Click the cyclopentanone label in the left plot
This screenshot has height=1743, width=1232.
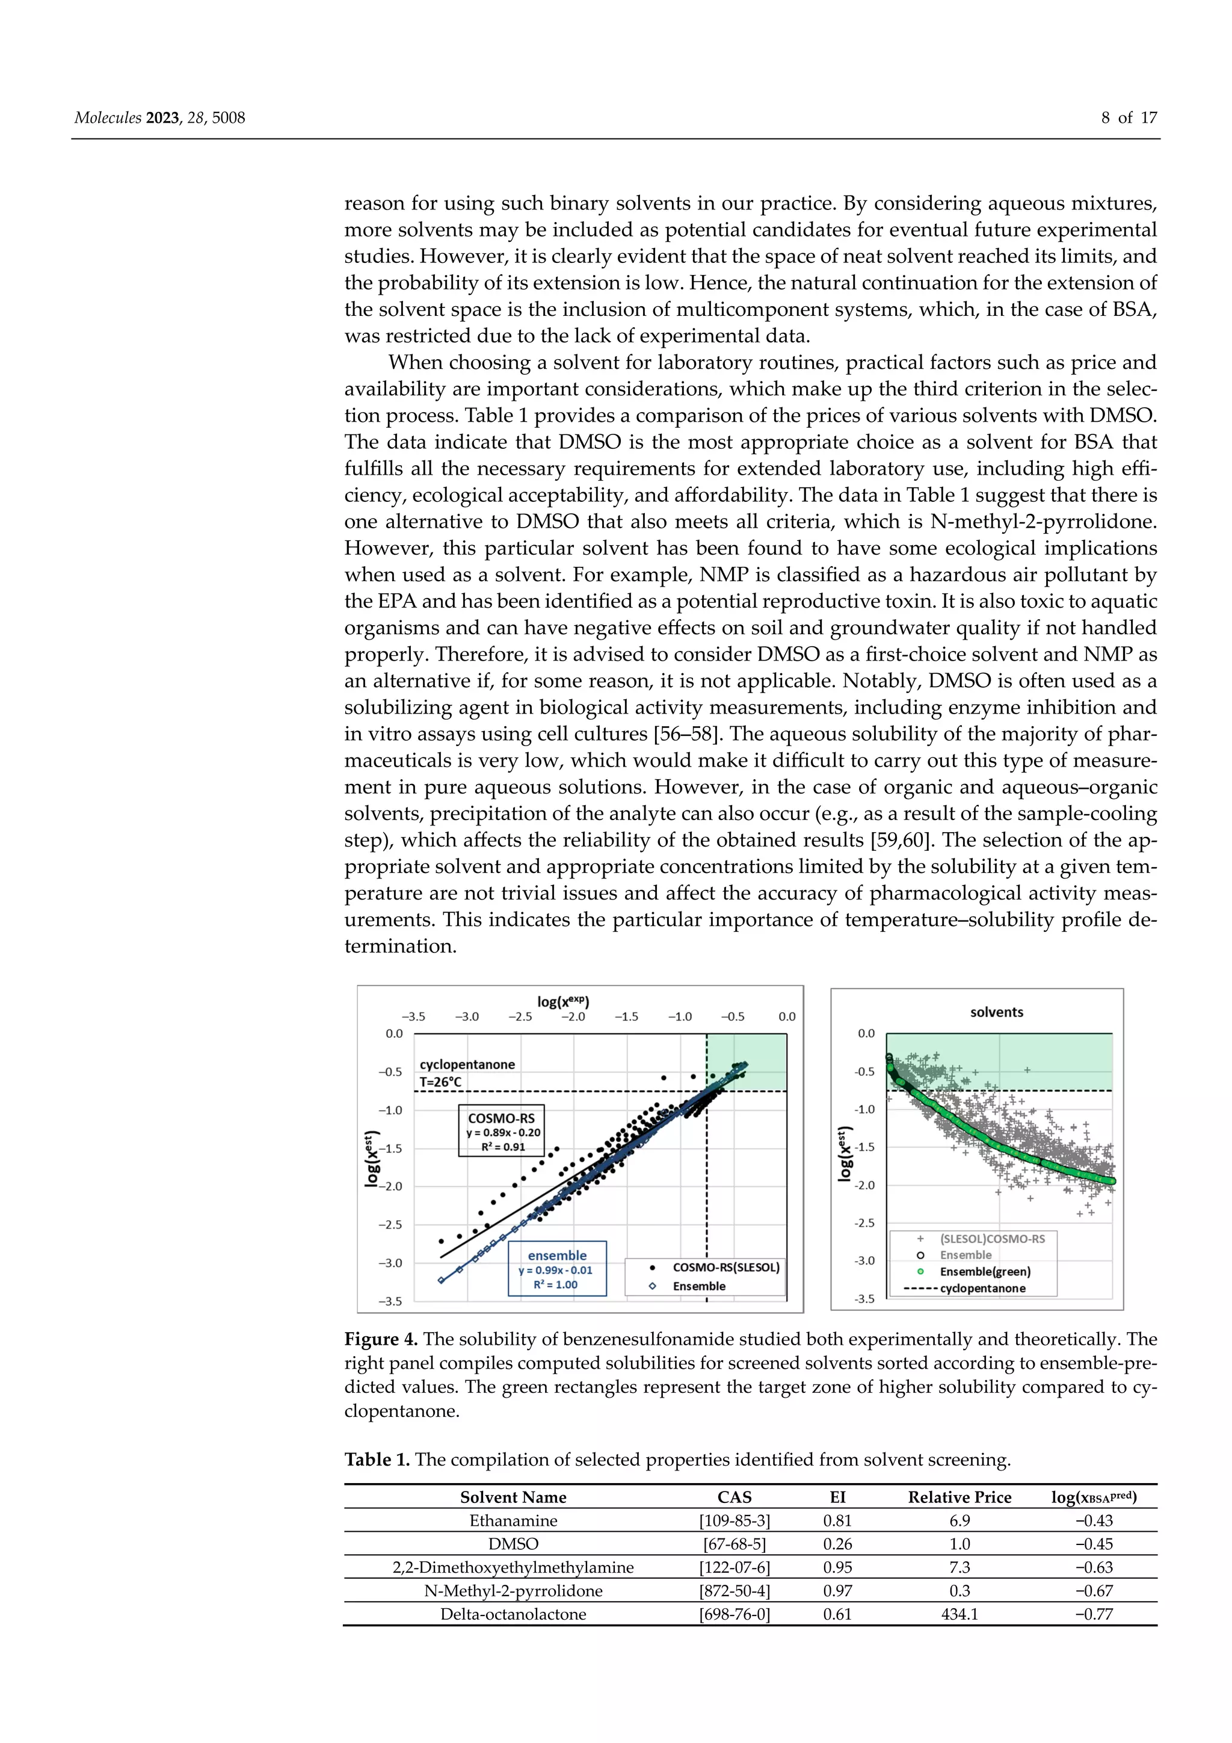point(467,1064)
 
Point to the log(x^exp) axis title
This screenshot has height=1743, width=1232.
point(563,1001)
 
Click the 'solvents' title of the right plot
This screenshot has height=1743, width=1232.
point(996,1012)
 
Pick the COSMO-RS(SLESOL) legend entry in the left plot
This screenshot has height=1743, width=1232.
point(725,1267)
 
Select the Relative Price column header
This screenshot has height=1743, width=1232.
point(959,1497)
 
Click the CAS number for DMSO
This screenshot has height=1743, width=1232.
point(734,1544)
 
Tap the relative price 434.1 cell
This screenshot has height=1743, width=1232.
point(959,1614)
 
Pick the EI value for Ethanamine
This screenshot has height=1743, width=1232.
point(837,1520)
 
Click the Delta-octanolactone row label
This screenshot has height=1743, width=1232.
point(513,1614)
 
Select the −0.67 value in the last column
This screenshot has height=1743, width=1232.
point(1094,1590)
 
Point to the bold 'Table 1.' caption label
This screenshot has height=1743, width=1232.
point(377,1459)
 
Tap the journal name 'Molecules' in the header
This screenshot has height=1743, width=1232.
point(107,118)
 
